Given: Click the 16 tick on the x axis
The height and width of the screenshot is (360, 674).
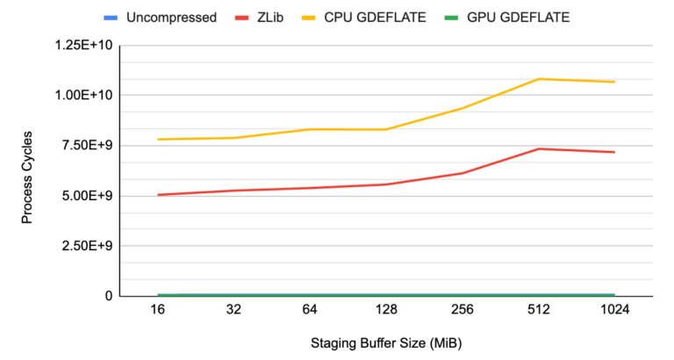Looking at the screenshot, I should click(158, 311).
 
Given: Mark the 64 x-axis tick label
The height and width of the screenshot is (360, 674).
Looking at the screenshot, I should click(310, 311).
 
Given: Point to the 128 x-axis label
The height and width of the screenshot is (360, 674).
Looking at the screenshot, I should click(386, 311).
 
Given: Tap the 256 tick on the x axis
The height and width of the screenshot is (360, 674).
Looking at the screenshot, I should click(462, 311).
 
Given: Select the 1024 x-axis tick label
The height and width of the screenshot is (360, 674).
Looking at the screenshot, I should click(614, 311).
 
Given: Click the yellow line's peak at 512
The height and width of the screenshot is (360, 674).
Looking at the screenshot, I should click(538, 79).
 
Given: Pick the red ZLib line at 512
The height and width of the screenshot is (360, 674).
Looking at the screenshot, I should click(538, 148).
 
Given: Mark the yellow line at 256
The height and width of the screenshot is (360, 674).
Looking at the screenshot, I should click(462, 108).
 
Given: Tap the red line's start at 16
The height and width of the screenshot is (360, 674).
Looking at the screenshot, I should click(158, 194).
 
